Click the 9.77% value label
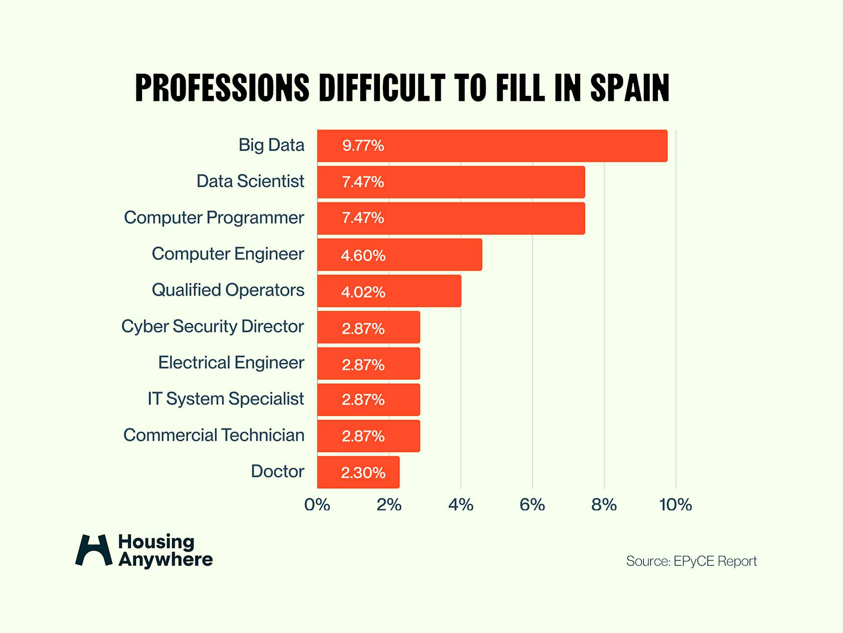click(x=363, y=146)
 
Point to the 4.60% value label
click(x=363, y=255)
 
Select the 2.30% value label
click(x=363, y=473)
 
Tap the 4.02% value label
click(x=363, y=292)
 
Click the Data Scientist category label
click(x=250, y=181)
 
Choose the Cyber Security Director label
click(x=212, y=326)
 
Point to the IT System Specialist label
click(x=225, y=398)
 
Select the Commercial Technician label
click(x=214, y=435)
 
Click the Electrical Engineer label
click(x=231, y=362)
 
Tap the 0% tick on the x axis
click(x=317, y=504)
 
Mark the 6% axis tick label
click(x=532, y=504)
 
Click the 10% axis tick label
click(x=675, y=504)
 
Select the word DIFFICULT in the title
click(x=382, y=88)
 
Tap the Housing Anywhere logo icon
click(x=93, y=550)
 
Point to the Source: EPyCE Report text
click(x=691, y=561)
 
